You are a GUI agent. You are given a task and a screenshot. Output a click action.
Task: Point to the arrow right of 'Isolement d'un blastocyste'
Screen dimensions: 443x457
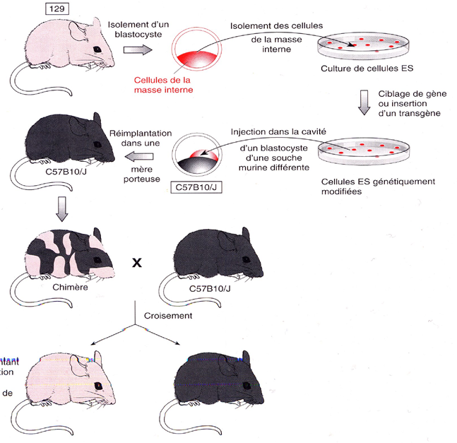[138, 49]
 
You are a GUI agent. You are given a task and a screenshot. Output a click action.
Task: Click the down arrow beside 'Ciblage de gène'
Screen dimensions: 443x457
[362, 101]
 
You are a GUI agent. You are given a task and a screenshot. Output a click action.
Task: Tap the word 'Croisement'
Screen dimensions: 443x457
[168, 316]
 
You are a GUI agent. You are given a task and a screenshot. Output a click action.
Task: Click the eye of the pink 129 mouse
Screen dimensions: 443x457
[95, 48]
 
